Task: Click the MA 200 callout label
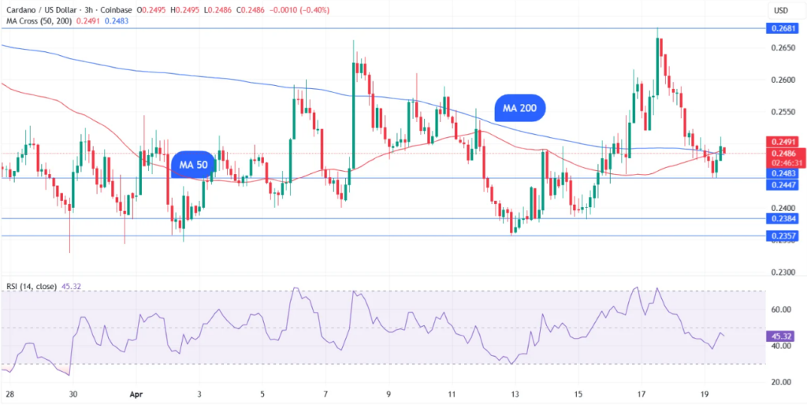point(520,109)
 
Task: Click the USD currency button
point(780,10)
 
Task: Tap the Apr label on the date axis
point(136,394)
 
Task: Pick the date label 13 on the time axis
point(515,394)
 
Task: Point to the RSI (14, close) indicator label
point(31,287)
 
